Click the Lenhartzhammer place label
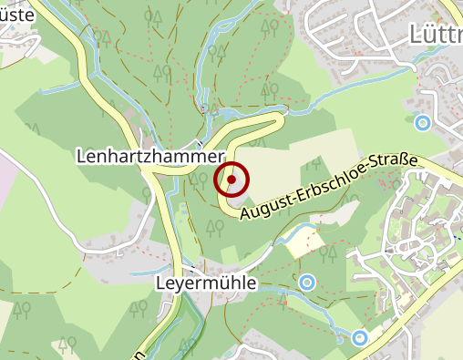[x=149, y=157]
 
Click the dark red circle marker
[x=231, y=180]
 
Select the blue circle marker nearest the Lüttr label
[x=422, y=121]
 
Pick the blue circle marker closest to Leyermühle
[x=307, y=283]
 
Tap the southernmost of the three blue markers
[x=360, y=337]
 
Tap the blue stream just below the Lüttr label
[x=428, y=57]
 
